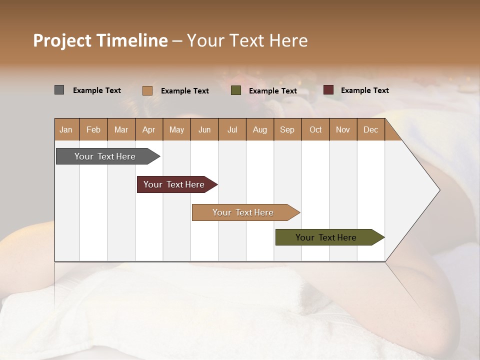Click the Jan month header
tap(66, 129)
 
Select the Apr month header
tap(149, 129)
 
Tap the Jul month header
tap(232, 129)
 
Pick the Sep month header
tap(287, 129)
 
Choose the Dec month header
tap(370, 129)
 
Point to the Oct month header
tap(315, 129)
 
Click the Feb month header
tap(93, 129)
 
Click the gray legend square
tap(59, 90)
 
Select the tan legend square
tap(147, 90)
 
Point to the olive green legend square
tap(236, 90)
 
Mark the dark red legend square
tap(328, 90)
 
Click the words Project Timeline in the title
tap(100, 40)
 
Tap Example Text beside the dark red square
tap(364, 90)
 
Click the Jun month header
tap(204, 129)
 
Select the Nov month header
tap(343, 129)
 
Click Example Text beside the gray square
tap(97, 90)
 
